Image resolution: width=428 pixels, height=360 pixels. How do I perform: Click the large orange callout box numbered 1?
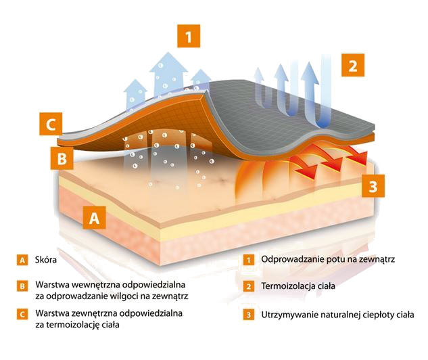[189, 36]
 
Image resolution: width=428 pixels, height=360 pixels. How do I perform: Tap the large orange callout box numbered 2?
[353, 65]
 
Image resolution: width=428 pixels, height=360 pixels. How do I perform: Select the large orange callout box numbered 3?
[373, 185]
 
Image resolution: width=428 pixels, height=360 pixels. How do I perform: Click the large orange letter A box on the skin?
[95, 217]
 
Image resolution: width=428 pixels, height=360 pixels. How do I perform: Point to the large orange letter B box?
[62, 158]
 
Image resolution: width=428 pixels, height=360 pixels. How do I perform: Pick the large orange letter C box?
[51, 124]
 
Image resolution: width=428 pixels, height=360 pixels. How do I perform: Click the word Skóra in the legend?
[46, 259]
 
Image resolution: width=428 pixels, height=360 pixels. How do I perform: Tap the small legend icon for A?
[22, 260]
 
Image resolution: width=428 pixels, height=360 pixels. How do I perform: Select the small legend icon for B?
[22, 286]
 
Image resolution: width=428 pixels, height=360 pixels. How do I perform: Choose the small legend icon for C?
[22, 314]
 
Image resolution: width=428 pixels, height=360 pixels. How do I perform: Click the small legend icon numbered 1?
[248, 260]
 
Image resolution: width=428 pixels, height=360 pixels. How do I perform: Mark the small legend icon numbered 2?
[248, 286]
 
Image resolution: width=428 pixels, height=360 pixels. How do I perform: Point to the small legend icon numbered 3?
[248, 315]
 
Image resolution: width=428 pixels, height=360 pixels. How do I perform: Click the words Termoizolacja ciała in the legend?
[298, 286]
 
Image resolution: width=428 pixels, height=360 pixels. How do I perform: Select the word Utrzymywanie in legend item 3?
[290, 315]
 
